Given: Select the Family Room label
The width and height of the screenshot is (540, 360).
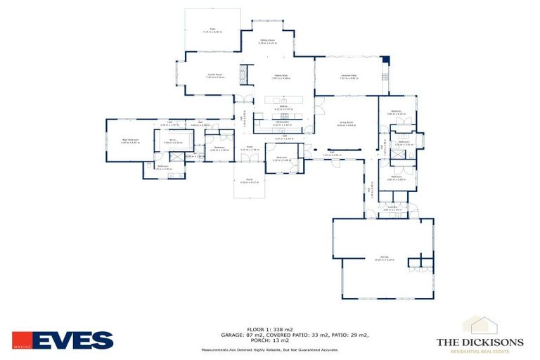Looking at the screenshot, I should point(214,75).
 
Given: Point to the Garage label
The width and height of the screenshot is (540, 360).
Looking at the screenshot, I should point(385,258).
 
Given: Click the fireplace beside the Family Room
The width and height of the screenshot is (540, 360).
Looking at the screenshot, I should point(244,75).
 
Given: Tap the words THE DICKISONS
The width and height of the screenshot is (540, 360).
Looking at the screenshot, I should point(480,342).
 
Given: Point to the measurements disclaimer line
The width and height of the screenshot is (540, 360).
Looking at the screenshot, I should point(270,349).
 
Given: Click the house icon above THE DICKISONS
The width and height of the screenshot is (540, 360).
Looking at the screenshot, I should point(480,324).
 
